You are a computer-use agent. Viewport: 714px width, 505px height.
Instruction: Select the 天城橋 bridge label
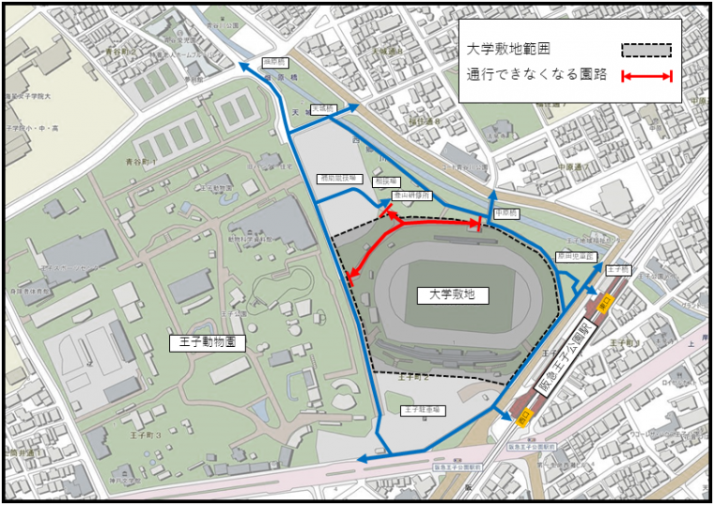[322, 109]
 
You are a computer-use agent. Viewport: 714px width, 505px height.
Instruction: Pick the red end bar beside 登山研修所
[387, 212]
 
